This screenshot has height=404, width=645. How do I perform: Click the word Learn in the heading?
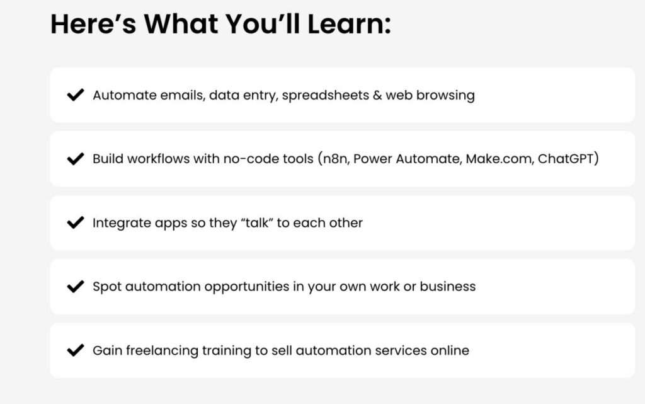(349, 24)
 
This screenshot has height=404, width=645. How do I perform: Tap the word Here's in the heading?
(93, 24)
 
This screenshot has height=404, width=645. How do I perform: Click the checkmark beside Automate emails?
(76, 95)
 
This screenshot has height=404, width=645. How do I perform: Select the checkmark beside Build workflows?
(76, 159)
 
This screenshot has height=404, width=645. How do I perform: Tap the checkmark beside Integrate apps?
(76, 222)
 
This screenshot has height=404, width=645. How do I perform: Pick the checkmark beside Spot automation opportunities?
(76, 286)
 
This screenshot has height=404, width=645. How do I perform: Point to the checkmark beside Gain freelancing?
(76, 350)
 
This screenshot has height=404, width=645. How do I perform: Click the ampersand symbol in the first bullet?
(377, 95)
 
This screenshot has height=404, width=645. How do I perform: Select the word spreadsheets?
(326, 96)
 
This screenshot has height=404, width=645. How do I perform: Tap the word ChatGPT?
(568, 159)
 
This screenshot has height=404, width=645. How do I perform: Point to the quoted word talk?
(257, 222)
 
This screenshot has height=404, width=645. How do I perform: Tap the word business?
(448, 286)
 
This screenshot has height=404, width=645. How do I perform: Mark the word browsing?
(445, 96)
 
